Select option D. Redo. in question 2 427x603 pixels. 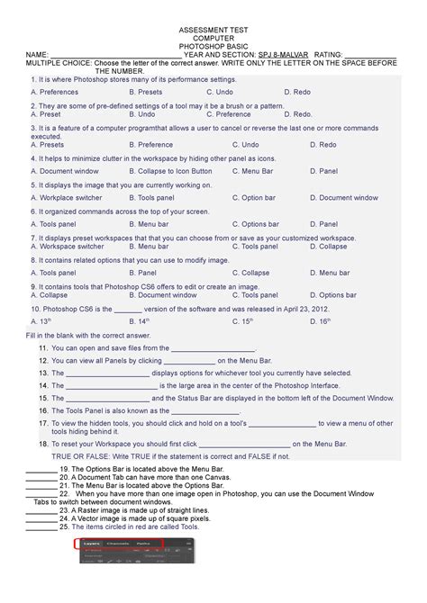point(298,114)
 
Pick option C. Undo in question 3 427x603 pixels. point(222,144)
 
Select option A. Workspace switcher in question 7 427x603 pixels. point(68,246)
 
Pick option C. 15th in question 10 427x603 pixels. point(219,320)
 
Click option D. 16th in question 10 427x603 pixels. point(296,320)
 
